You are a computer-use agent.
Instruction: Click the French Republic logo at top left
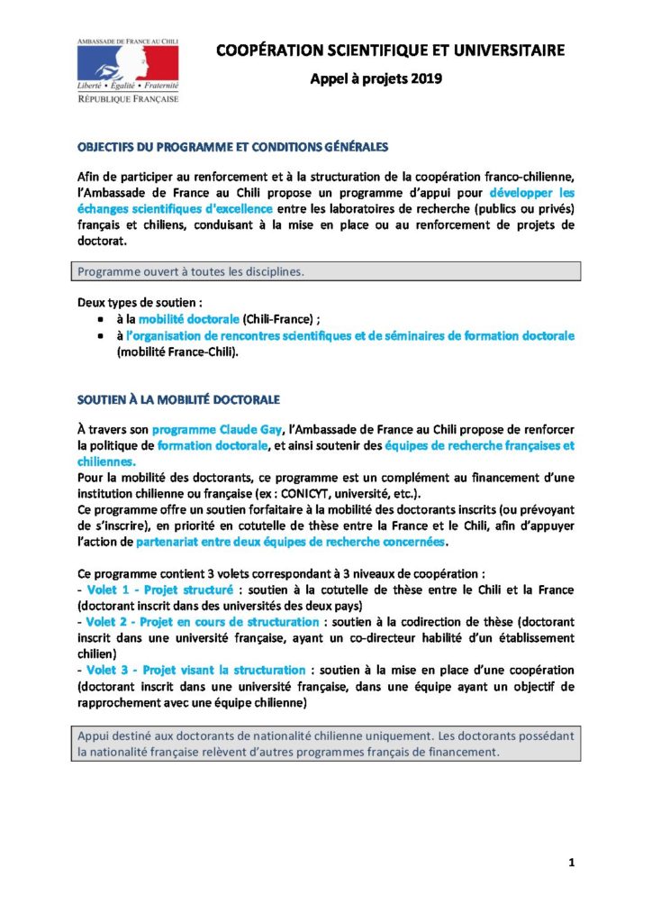(x=127, y=69)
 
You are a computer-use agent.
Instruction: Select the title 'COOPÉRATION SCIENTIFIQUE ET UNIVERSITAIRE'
(x=390, y=51)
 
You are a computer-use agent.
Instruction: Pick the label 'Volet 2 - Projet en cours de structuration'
(x=196, y=622)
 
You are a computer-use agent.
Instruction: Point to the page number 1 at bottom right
(x=571, y=863)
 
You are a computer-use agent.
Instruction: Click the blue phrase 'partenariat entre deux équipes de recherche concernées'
(x=290, y=542)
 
